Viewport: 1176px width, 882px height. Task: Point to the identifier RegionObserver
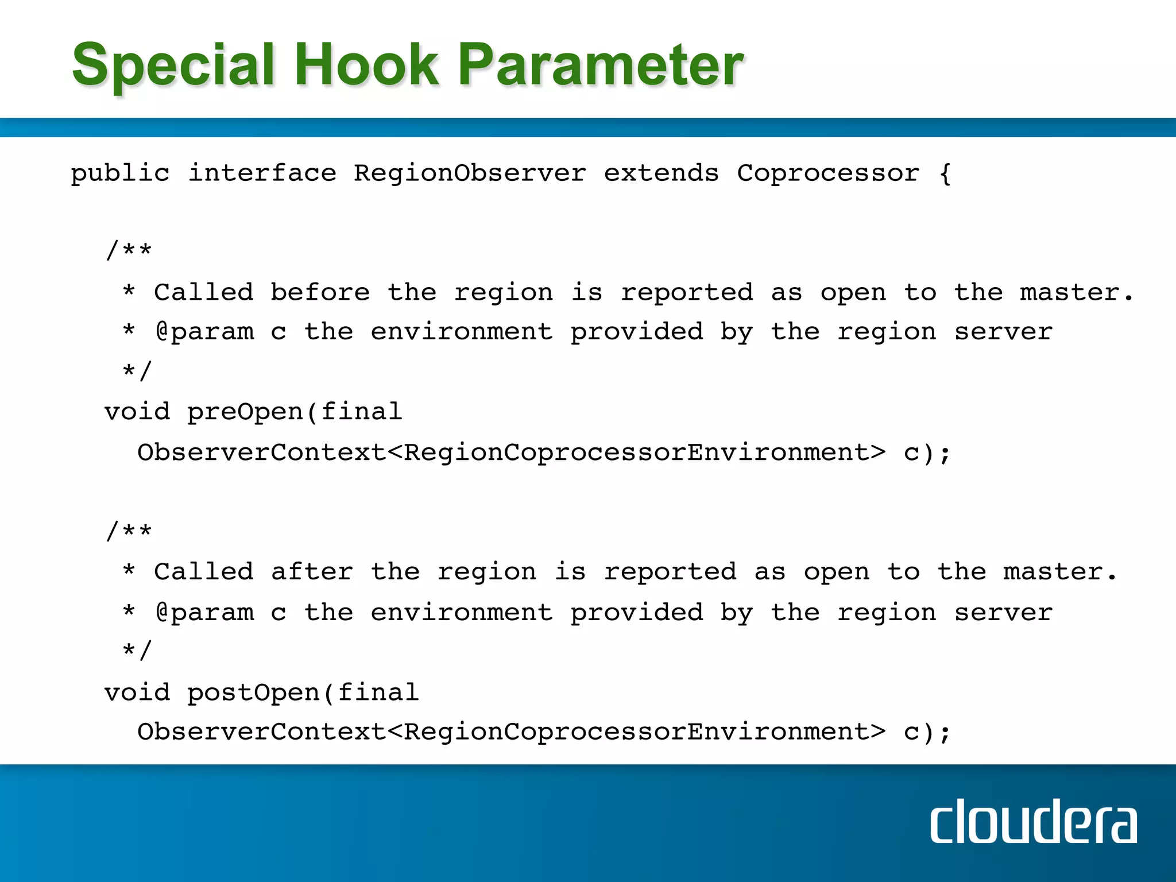tap(470, 173)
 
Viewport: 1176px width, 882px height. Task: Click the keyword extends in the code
tap(661, 173)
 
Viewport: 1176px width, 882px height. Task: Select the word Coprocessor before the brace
tap(828, 173)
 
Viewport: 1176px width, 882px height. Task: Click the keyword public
tap(120, 173)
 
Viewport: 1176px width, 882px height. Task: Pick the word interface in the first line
tap(262, 173)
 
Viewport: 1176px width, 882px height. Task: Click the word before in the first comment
tap(320, 292)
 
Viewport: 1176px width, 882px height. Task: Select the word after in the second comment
tap(312, 572)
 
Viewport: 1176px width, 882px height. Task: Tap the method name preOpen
tap(246, 412)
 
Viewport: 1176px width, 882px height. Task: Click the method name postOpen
tap(254, 693)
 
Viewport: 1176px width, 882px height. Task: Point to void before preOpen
tap(137, 412)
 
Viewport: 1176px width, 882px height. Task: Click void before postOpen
tap(137, 693)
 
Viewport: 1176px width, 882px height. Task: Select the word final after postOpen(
tap(378, 693)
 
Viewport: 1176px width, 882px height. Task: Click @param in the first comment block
tap(204, 332)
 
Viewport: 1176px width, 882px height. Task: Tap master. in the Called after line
tap(1060, 572)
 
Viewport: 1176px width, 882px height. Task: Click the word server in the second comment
tap(1003, 612)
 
